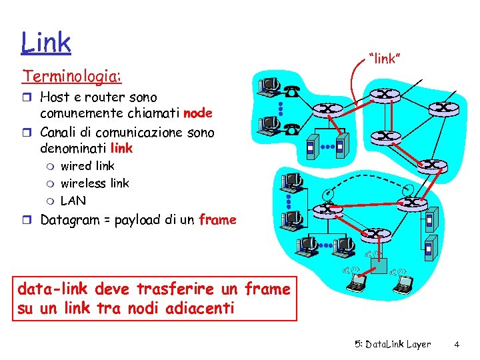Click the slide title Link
coord(46,42)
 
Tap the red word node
coord(198,113)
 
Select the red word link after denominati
coord(121,147)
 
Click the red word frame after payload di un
coord(217,220)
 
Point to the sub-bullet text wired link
coord(87,165)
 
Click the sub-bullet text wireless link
coord(95,183)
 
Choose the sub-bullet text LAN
coord(73,200)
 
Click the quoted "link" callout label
coord(385,59)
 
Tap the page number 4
coord(457,345)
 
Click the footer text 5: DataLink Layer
coord(393,345)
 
